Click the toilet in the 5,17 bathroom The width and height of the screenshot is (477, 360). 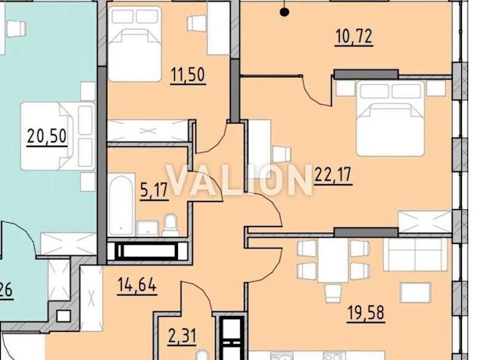(171, 224)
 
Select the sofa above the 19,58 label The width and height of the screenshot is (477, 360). (416, 254)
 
